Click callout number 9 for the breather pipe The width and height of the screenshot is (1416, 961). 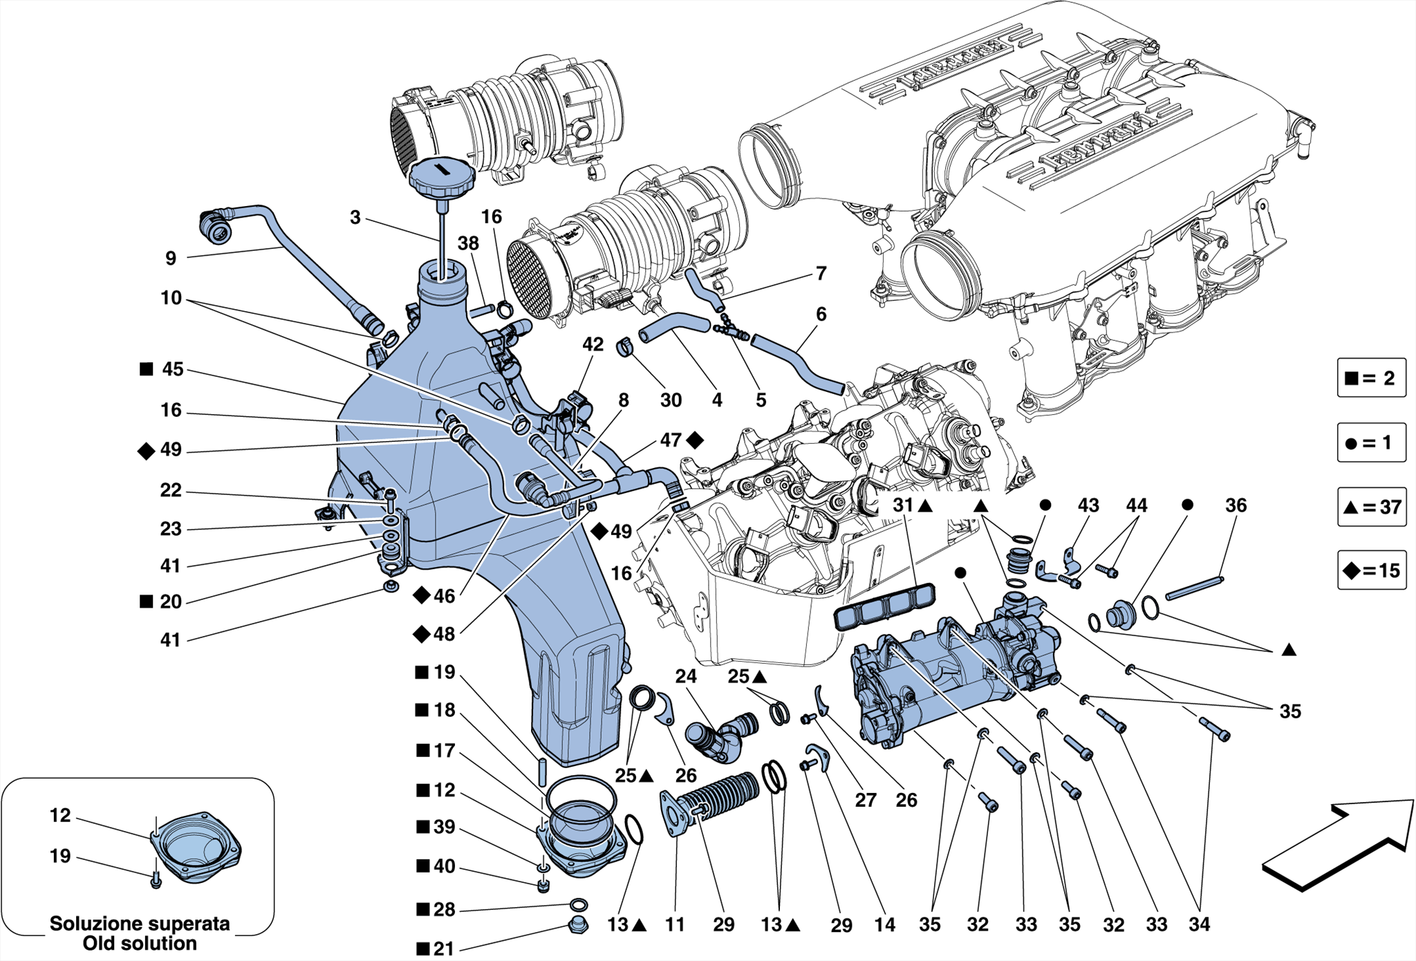coord(171,259)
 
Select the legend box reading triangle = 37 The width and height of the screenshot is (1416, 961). coord(1372,507)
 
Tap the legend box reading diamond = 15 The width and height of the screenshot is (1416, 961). coord(1372,570)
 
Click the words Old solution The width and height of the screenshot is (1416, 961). coord(140,943)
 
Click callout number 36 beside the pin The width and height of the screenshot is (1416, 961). coord(1236,505)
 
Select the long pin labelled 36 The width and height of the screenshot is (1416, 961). coord(1194,588)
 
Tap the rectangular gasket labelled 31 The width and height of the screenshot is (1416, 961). coord(885,605)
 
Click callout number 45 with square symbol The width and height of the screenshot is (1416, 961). coord(173,369)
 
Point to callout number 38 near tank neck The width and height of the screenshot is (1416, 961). coord(468,243)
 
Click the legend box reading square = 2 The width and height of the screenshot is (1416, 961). coord(1372,377)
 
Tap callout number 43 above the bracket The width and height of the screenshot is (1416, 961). coord(1088,505)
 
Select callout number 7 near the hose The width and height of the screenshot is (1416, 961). coord(821,274)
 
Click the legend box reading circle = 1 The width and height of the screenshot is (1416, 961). coord(1372,442)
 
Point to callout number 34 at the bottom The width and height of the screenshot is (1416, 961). coord(1199,924)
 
